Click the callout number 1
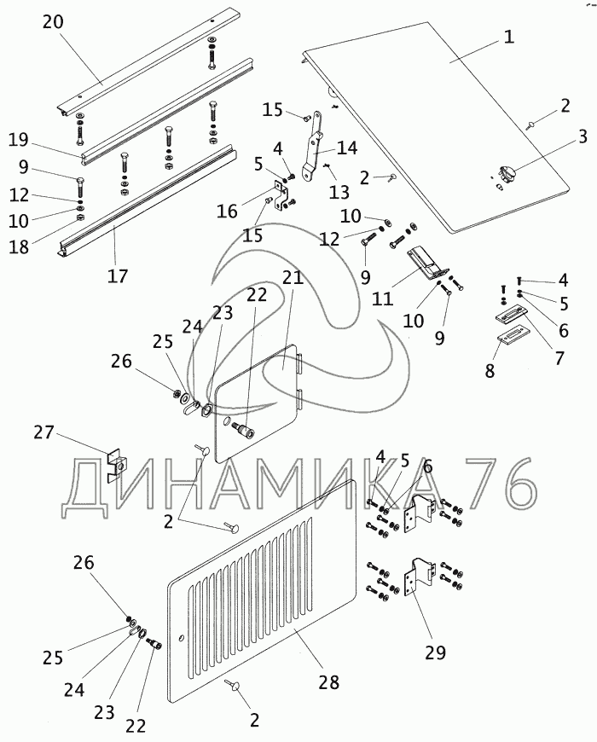508,37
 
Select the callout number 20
52,21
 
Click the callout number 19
19,140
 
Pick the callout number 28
328,682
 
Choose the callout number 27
43,434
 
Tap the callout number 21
293,277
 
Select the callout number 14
346,148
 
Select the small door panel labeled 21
256,401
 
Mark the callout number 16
228,210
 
